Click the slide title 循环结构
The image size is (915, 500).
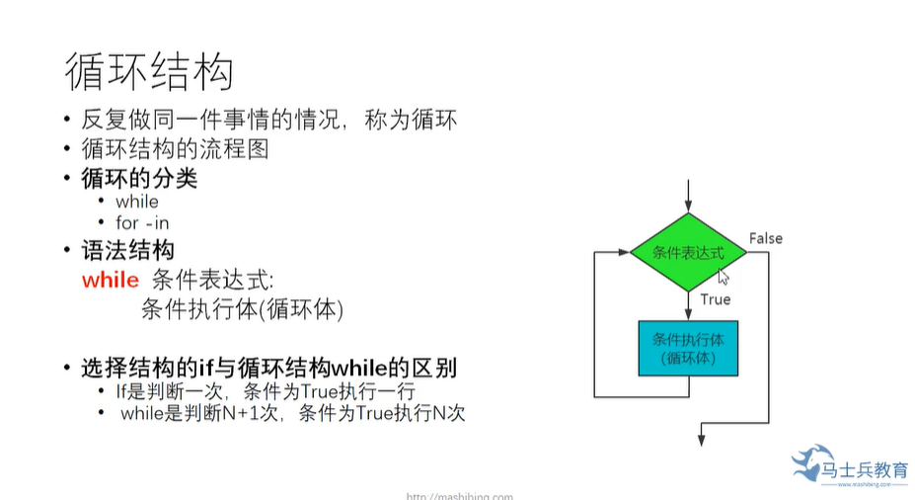click(x=149, y=72)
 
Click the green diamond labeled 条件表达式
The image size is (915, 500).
click(x=688, y=253)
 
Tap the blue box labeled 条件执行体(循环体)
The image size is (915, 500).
click(x=688, y=348)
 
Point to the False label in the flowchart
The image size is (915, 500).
click(x=765, y=238)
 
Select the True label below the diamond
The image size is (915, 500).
click(x=716, y=298)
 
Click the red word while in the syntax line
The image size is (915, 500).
click(x=111, y=280)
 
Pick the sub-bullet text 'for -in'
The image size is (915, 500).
click(x=142, y=223)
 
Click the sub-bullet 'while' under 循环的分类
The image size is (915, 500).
click(x=136, y=202)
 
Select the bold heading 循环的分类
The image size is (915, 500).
click(x=139, y=179)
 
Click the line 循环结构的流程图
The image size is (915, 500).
click(x=175, y=150)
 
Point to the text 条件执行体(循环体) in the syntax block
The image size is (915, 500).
click(x=242, y=309)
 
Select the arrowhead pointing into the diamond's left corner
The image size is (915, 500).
click(x=624, y=252)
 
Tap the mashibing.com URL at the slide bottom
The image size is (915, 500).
click(x=459, y=496)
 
